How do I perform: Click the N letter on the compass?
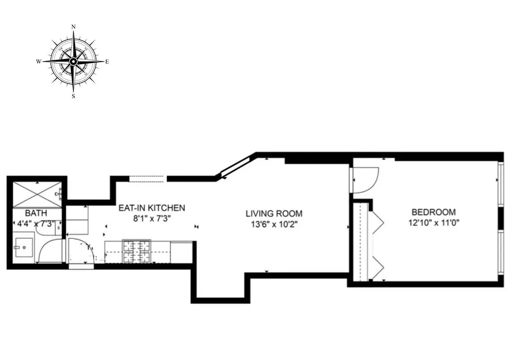[x=73, y=27]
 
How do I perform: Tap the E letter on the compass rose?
[x=107, y=62]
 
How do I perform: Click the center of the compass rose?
[x=73, y=61]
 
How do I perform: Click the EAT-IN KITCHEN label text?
[x=151, y=208]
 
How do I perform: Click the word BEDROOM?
[x=433, y=212]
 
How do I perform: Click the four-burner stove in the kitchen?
[x=136, y=251]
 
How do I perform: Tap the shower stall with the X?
[x=36, y=195]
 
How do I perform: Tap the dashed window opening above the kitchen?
[x=148, y=179]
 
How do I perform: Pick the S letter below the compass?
[x=73, y=96]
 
